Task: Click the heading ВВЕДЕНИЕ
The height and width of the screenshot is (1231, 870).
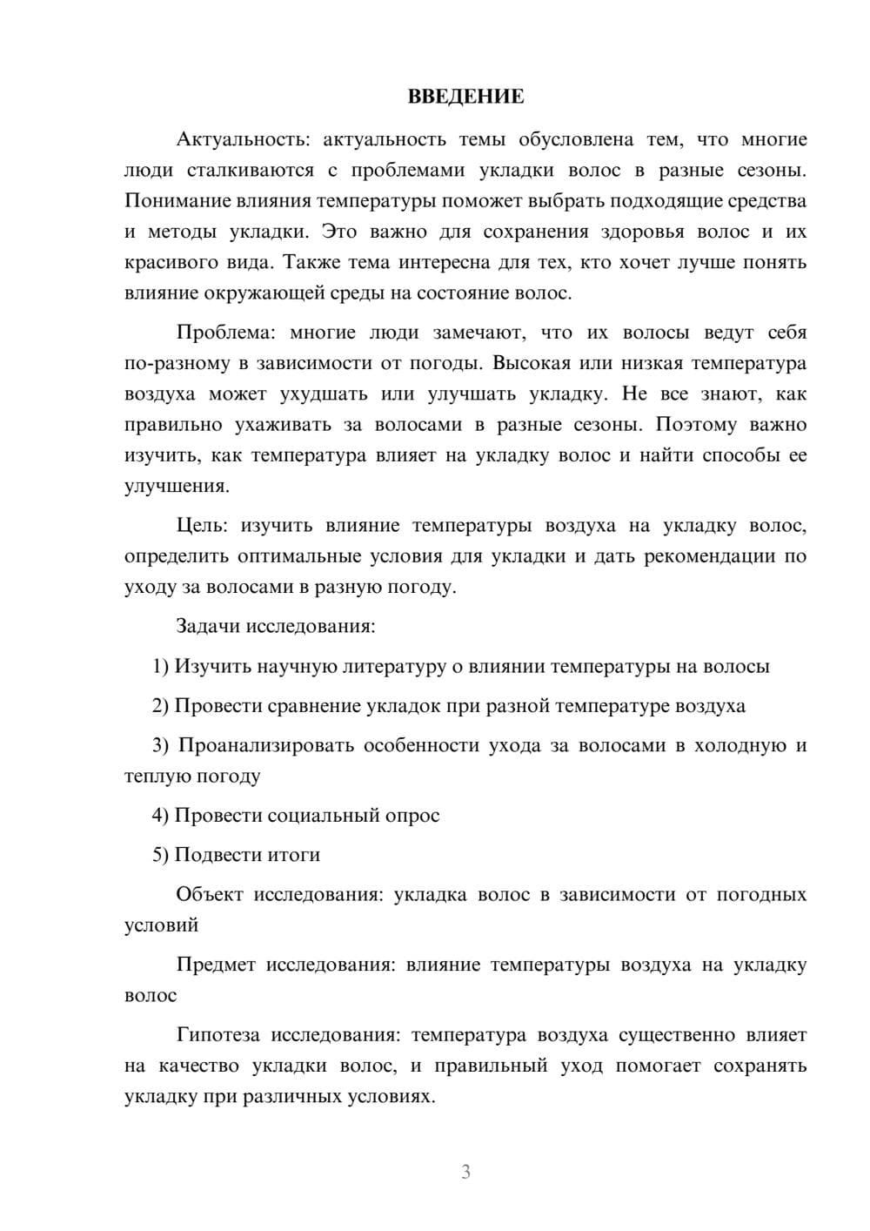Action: pyautogui.click(x=465, y=97)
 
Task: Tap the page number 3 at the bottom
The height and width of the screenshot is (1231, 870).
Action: pyautogui.click(x=465, y=1172)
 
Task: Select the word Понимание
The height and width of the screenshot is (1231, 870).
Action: pyautogui.click(x=177, y=201)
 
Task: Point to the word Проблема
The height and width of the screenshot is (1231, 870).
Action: pyautogui.click(x=224, y=333)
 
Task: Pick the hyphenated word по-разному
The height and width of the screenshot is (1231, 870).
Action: pyautogui.click(x=174, y=363)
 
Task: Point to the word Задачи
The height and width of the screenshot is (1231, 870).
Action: pyautogui.click(x=208, y=626)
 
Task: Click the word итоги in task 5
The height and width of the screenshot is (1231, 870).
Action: pyautogui.click(x=293, y=855)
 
